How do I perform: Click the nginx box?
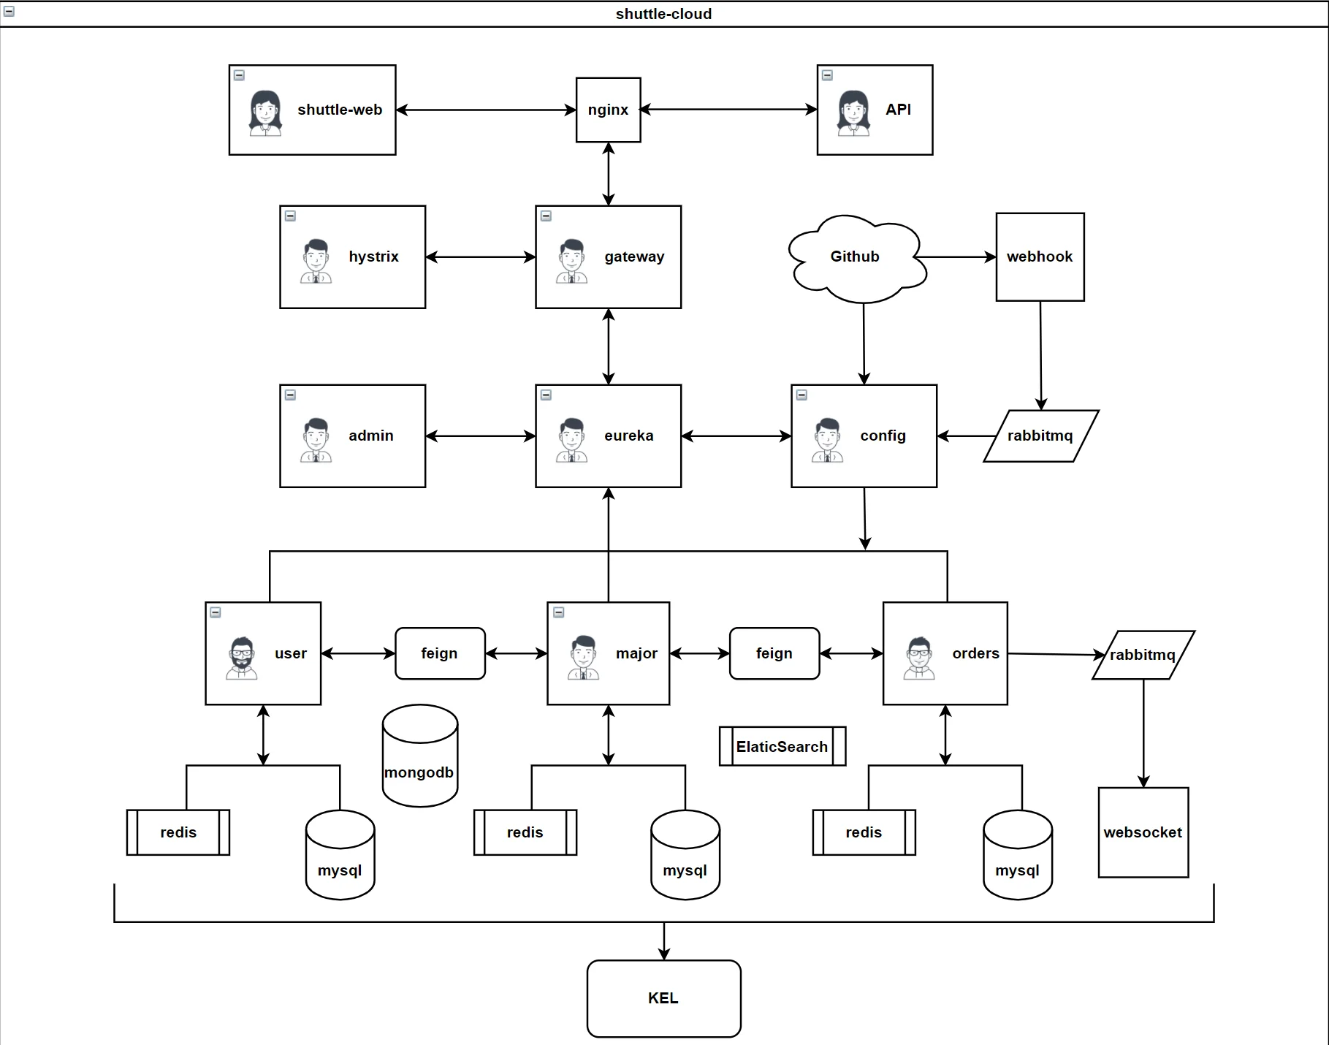(x=608, y=110)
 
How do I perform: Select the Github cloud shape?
(x=855, y=257)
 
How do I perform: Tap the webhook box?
(x=1040, y=256)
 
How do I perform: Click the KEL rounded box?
(x=663, y=998)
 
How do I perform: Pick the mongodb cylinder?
(x=419, y=760)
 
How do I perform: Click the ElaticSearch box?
(x=782, y=746)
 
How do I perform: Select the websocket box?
(x=1143, y=832)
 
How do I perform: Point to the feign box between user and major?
(x=440, y=653)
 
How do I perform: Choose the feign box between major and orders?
(x=774, y=653)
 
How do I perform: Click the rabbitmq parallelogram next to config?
(x=1040, y=436)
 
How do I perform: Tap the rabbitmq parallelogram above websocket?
(x=1143, y=655)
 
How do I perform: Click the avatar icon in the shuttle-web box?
(x=265, y=113)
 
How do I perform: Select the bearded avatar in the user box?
(x=242, y=658)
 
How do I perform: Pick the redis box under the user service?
(x=178, y=832)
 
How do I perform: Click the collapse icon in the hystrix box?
(x=290, y=216)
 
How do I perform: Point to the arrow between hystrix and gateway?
(x=480, y=257)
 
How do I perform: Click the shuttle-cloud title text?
(x=663, y=14)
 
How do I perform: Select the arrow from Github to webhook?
(x=957, y=257)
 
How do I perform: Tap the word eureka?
(x=628, y=436)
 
